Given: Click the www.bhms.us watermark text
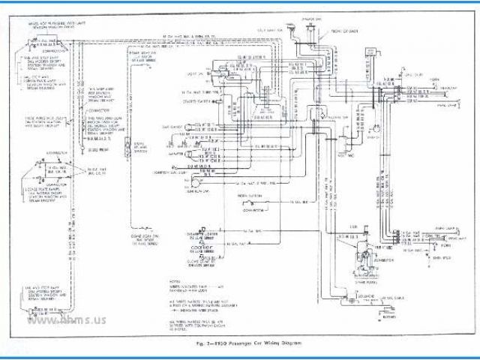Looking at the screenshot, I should pyautogui.click(x=67, y=320).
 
